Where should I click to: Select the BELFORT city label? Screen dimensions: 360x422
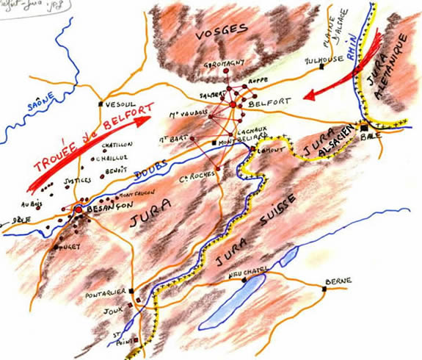[x=266, y=106]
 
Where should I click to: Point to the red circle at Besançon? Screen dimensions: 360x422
[x=78, y=210]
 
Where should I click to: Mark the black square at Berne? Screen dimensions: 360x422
[x=322, y=288]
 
